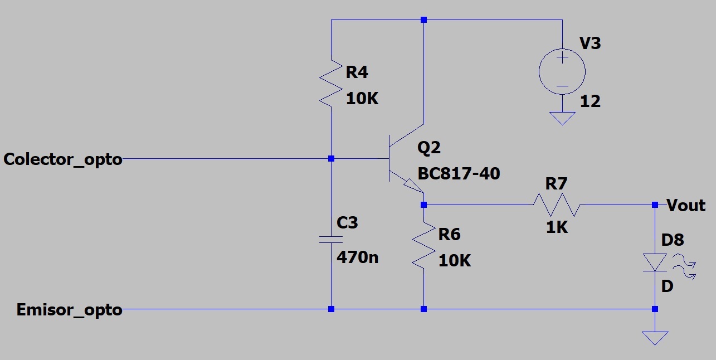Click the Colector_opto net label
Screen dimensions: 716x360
63,159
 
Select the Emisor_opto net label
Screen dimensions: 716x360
69,310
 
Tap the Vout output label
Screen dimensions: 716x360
686,205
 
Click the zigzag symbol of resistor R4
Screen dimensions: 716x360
331,83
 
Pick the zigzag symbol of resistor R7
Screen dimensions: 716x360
557,205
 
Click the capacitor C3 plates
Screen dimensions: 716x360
331,240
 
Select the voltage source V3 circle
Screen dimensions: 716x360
562,72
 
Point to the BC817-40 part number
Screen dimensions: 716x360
459,174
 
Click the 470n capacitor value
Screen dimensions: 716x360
357,257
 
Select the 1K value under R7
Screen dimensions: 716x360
557,227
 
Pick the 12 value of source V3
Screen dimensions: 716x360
590,101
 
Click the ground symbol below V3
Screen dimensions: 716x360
562,118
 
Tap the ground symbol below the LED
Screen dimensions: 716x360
655,338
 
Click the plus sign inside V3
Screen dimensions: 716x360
562,58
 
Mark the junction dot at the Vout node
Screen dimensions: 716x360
655,205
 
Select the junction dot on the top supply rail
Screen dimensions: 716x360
424,20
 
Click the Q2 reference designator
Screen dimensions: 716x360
429,148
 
